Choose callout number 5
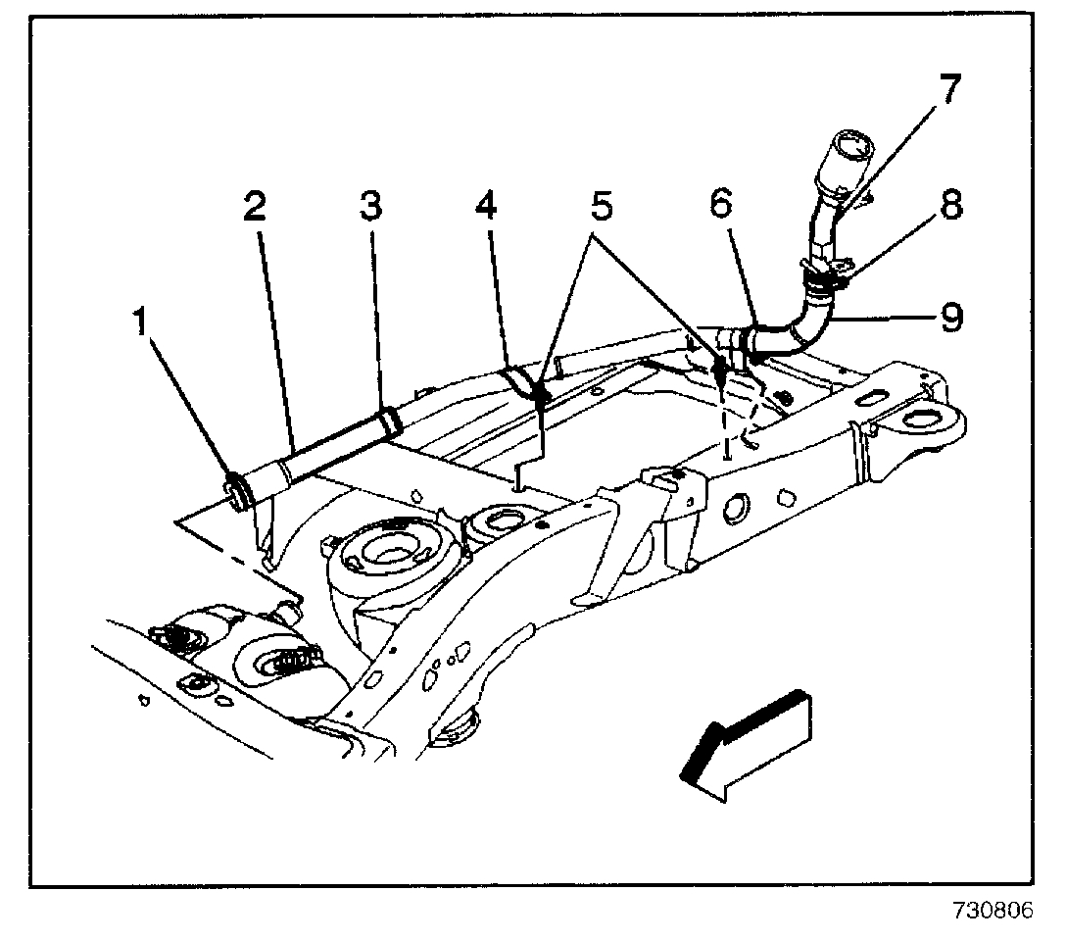point(601,209)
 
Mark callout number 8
point(947,207)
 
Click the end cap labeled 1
point(236,488)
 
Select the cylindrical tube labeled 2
point(314,450)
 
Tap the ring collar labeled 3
point(391,421)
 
